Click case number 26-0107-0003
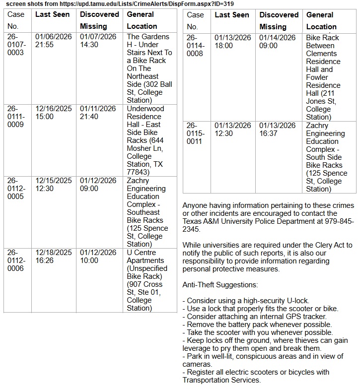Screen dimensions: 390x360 [x=16, y=45]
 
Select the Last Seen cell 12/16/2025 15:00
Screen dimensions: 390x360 [x=54, y=113]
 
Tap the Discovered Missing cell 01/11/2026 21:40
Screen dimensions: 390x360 [x=98, y=113]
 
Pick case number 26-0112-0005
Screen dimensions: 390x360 [x=16, y=189]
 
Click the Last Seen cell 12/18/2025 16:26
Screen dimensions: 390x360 [x=54, y=257]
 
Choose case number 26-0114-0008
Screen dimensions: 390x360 [x=195, y=46]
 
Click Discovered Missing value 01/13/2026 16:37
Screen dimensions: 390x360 [x=277, y=130]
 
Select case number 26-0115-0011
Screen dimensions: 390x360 [x=195, y=133]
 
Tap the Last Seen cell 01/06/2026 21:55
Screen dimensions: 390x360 [x=54, y=41]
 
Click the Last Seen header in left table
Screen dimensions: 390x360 [x=52, y=14]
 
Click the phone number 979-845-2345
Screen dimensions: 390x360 [x=269, y=225]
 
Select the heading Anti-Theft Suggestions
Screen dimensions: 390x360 [x=220, y=285]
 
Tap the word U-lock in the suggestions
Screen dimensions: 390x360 [x=297, y=301]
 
